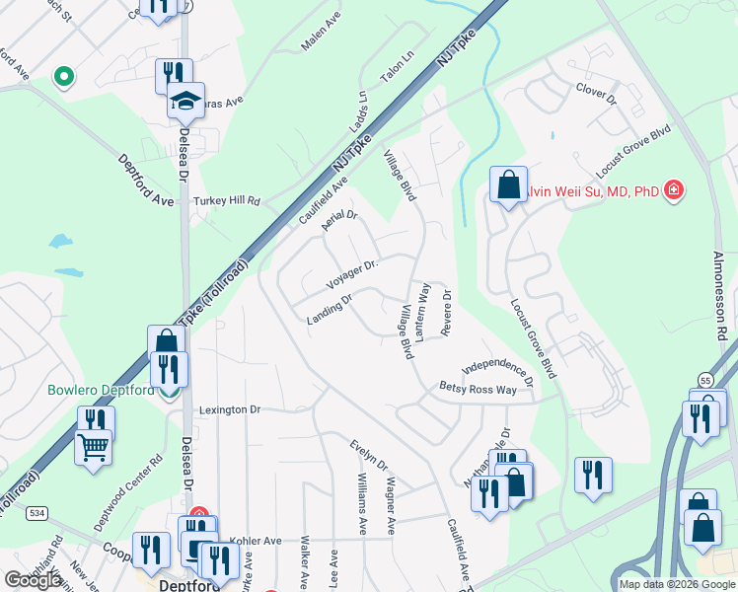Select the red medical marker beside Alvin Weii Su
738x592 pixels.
click(674, 189)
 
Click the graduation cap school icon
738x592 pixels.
click(184, 100)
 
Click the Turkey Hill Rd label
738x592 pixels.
click(226, 200)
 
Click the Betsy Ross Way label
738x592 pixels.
click(479, 389)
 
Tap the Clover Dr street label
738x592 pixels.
click(596, 94)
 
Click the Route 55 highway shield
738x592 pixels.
click(704, 379)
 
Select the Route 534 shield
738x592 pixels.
click(37, 513)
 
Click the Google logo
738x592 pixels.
click(33, 580)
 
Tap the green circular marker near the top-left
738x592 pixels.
click(64, 75)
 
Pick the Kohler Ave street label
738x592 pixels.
click(256, 541)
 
